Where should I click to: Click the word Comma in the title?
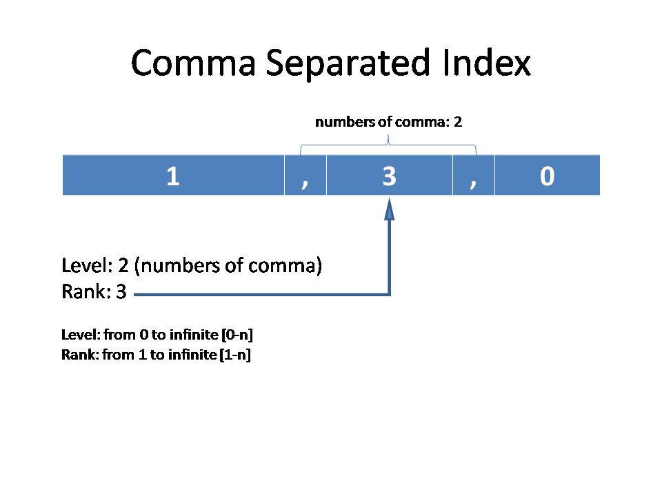pyautogui.click(x=193, y=63)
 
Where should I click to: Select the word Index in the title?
pyautogui.click(x=487, y=63)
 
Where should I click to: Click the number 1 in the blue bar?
pyautogui.click(x=173, y=176)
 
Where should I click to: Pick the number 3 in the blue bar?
pyautogui.click(x=389, y=176)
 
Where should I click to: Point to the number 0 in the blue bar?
pyautogui.click(x=547, y=176)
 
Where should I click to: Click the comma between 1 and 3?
pyautogui.click(x=305, y=183)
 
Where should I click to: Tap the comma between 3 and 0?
pyautogui.click(x=473, y=183)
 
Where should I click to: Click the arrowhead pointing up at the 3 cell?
pyautogui.click(x=389, y=209)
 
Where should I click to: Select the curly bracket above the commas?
pyautogui.click(x=388, y=145)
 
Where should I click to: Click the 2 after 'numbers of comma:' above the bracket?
pyautogui.click(x=458, y=123)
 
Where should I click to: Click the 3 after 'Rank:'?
pyautogui.click(x=121, y=292)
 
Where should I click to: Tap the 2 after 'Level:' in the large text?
pyautogui.click(x=123, y=266)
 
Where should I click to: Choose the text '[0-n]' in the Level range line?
pyautogui.click(x=237, y=335)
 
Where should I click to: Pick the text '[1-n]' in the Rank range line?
pyautogui.click(x=235, y=355)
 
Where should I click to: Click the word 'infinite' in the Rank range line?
pyautogui.click(x=192, y=354)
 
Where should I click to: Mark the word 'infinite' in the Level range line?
pyautogui.click(x=194, y=335)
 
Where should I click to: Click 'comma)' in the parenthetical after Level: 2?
pyautogui.click(x=285, y=266)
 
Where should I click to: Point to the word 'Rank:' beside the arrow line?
pyautogui.click(x=87, y=292)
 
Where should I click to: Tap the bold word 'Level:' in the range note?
pyautogui.click(x=81, y=335)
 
